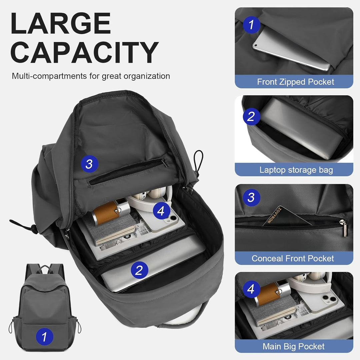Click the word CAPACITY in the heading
tap(84, 52)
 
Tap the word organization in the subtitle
tap(147, 76)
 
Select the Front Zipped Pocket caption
tap(295, 82)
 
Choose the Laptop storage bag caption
tap(296, 170)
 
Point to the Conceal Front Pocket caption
tap(293, 258)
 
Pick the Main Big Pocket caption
tap(293, 346)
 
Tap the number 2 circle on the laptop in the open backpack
tap(139, 270)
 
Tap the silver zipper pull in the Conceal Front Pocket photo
tap(344, 227)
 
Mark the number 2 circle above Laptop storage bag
tap(251, 116)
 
